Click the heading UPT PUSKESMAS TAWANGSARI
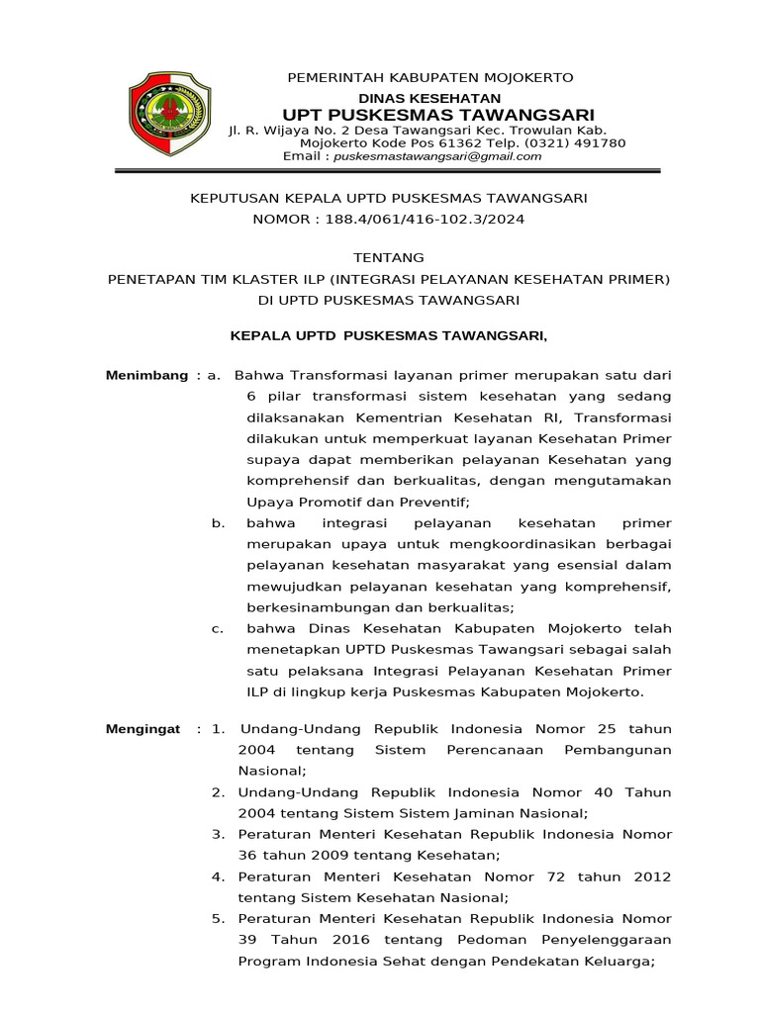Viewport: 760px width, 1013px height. click(430, 115)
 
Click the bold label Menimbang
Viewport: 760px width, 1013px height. click(146, 375)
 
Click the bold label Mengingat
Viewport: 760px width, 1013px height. click(142, 729)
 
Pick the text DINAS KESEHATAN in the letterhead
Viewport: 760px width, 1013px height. click(429, 98)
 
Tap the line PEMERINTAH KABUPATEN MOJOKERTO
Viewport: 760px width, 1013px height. click(429, 77)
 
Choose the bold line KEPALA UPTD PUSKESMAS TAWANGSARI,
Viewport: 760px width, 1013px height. click(388, 336)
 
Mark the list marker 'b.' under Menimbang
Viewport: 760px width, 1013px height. click(219, 522)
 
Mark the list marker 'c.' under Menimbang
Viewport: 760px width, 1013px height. click(218, 628)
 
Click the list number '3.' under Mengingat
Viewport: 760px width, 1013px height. click(218, 834)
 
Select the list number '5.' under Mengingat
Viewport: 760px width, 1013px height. click(218, 918)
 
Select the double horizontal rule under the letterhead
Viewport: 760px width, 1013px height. click(387, 172)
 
